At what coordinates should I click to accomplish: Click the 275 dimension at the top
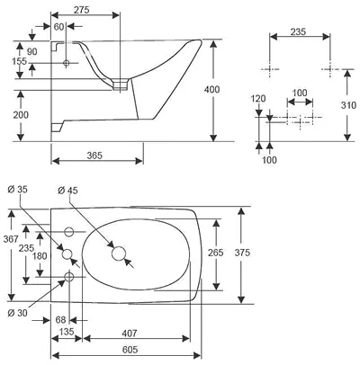(x=82, y=10)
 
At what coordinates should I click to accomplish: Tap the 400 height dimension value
(x=211, y=89)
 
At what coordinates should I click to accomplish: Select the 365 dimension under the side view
(x=94, y=156)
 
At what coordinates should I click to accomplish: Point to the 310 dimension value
(x=348, y=105)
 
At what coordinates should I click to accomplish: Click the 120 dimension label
(x=258, y=98)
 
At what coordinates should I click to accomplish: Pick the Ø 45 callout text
(x=67, y=190)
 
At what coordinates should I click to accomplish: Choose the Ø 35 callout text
(x=17, y=190)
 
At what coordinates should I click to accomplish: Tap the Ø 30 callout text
(x=17, y=313)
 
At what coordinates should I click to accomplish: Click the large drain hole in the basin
(x=119, y=254)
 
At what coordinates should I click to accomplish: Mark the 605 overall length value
(x=130, y=350)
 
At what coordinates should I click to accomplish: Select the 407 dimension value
(x=130, y=333)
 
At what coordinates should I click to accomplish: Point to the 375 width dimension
(x=242, y=253)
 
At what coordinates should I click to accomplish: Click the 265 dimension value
(x=216, y=253)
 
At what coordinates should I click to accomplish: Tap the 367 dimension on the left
(x=11, y=239)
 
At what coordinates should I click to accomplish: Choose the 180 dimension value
(x=40, y=256)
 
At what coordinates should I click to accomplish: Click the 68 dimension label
(x=60, y=320)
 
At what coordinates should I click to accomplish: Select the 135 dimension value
(x=67, y=332)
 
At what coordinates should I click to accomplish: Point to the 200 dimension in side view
(x=21, y=115)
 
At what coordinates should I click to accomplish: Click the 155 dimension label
(x=19, y=61)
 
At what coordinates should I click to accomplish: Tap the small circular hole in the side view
(x=67, y=63)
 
